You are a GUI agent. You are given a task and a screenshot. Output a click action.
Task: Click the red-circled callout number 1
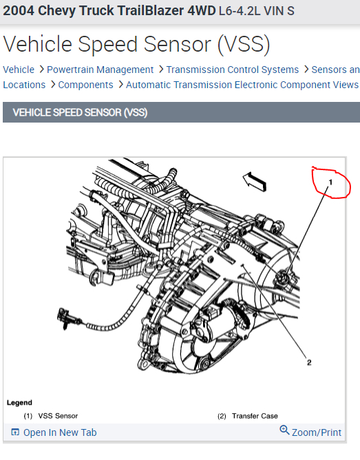(330, 182)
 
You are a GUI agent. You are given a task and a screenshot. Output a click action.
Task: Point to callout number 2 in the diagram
(309, 361)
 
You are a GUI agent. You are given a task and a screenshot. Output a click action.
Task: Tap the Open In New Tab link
(60, 432)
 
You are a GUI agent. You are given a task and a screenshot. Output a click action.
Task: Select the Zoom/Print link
(316, 432)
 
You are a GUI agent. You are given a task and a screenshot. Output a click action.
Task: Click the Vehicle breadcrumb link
(19, 70)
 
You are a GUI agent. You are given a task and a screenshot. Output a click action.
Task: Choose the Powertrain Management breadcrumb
(100, 70)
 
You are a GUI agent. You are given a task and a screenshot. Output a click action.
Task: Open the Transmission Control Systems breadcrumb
(233, 70)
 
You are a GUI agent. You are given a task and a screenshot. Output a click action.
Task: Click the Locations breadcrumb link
(24, 85)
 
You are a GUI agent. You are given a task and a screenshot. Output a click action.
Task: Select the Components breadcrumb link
(85, 85)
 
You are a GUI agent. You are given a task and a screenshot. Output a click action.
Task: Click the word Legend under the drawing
(19, 402)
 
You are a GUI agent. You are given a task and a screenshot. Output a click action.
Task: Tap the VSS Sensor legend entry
(59, 416)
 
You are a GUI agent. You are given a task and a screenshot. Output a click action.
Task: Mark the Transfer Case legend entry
(255, 416)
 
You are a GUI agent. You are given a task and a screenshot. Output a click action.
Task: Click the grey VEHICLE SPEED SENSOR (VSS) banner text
(80, 112)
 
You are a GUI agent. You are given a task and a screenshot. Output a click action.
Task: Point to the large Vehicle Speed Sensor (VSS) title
(136, 44)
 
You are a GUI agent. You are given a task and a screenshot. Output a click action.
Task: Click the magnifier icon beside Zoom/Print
(284, 430)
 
